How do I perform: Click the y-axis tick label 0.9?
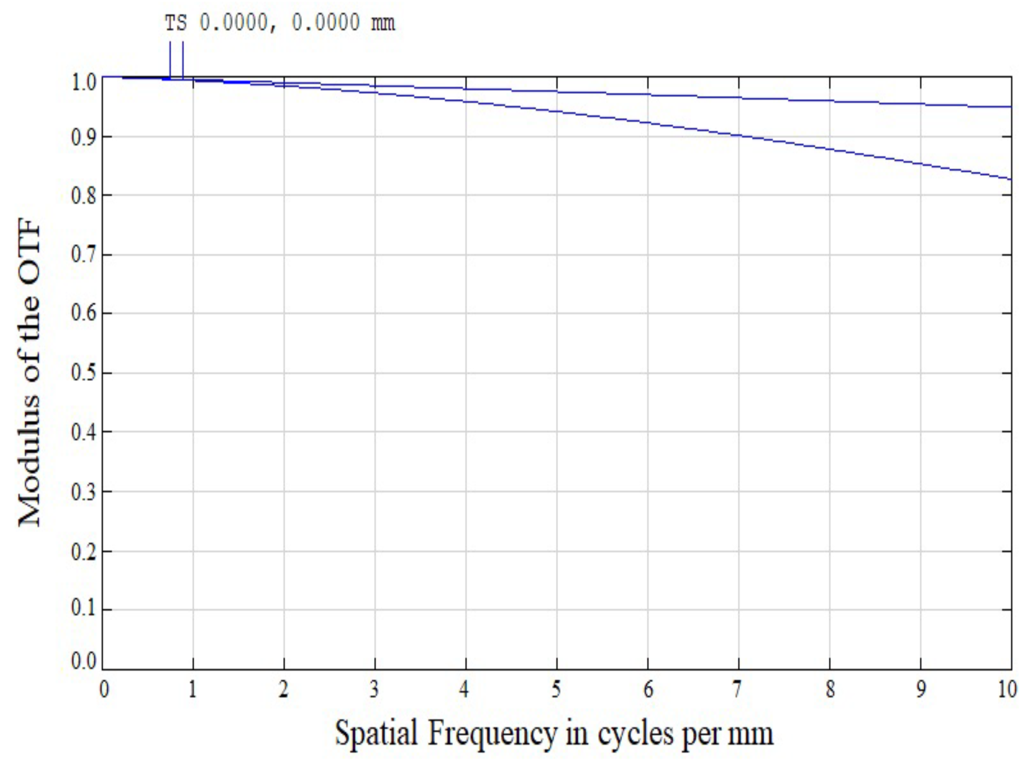coord(84,137)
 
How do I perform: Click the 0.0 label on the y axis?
coord(84,662)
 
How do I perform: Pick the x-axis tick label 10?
coord(1007,690)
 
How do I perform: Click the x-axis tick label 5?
coord(556,690)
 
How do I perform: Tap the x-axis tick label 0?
coord(104,690)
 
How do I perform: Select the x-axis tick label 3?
coord(374,690)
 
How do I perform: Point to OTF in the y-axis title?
coord(30,251)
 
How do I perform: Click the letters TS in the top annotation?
coord(176,23)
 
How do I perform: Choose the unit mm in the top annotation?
coord(383,23)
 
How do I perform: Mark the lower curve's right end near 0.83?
coord(1010,179)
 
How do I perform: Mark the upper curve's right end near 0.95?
coord(1010,107)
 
